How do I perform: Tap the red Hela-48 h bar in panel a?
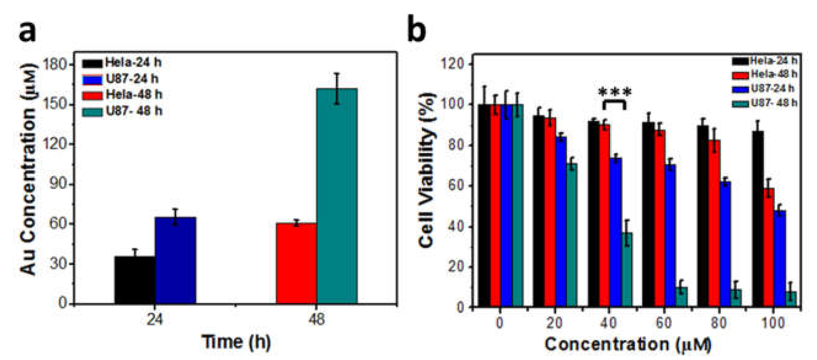tap(296, 263)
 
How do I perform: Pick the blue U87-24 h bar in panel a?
tap(175, 260)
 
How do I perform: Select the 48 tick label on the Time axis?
tap(316, 319)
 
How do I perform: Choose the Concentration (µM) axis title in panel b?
tap(628, 344)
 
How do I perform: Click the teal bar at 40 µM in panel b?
tap(627, 270)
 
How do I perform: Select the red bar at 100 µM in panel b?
tap(768, 247)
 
